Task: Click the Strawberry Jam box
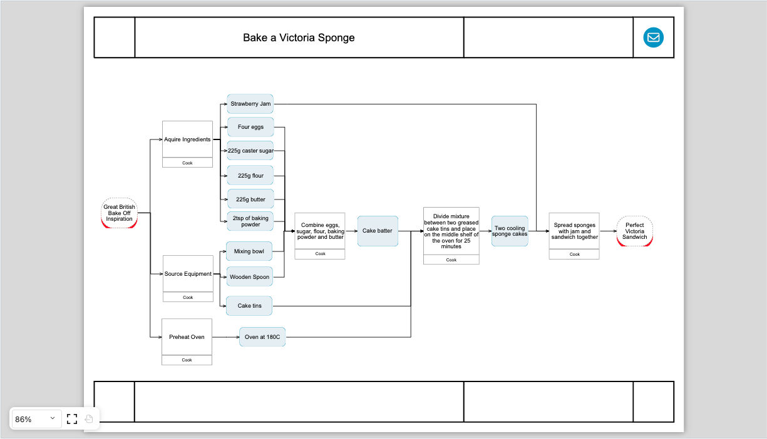pyautogui.click(x=250, y=104)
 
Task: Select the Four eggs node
pyautogui.click(x=250, y=127)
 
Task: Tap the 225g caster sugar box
pyautogui.click(x=250, y=151)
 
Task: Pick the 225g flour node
pyautogui.click(x=250, y=176)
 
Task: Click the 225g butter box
pyautogui.click(x=250, y=199)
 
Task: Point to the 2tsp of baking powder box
pyautogui.click(x=250, y=221)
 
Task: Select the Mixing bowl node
pyautogui.click(x=249, y=251)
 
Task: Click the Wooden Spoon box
pyautogui.click(x=249, y=277)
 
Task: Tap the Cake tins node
pyautogui.click(x=249, y=306)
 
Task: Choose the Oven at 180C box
pyautogui.click(x=262, y=337)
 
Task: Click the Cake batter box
pyautogui.click(x=377, y=231)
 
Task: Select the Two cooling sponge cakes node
pyautogui.click(x=509, y=231)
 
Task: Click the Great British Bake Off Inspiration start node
pyautogui.click(x=119, y=213)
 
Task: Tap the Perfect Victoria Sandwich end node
pyautogui.click(x=634, y=231)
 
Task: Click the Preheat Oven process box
pyautogui.click(x=187, y=337)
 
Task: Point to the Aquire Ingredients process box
pyautogui.click(x=187, y=139)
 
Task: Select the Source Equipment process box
pyautogui.click(x=188, y=274)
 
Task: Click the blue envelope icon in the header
pyautogui.click(x=653, y=38)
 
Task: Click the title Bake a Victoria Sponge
pyautogui.click(x=299, y=38)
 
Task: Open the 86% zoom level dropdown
pyautogui.click(x=36, y=419)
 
